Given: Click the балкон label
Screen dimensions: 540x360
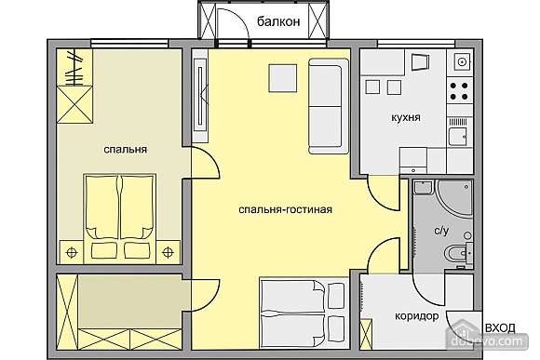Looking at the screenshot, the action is point(278,22).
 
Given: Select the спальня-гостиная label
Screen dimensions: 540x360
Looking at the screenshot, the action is point(286,209).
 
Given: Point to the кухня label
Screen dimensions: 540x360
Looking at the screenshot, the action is point(406,117).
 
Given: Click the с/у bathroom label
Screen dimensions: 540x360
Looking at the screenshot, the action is point(441,231).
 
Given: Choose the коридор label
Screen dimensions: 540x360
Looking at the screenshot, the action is point(417,316).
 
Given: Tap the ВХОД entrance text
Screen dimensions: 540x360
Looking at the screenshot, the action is point(500,327).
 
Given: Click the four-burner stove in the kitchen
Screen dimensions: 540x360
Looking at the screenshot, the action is point(459,91).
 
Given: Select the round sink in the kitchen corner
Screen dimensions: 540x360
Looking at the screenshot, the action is point(462,61).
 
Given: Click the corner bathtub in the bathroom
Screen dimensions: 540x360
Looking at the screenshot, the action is point(454,197).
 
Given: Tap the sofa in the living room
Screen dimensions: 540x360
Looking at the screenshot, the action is point(329,106).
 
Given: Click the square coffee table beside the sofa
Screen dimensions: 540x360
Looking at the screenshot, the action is point(282,78).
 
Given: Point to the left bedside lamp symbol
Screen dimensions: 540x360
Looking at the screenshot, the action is point(72,253).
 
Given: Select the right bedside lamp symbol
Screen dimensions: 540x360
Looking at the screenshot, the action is point(168,253).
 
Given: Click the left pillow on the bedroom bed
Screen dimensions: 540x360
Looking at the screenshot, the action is point(104,250).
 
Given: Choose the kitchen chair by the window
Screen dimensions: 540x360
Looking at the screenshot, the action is point(421,62).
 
